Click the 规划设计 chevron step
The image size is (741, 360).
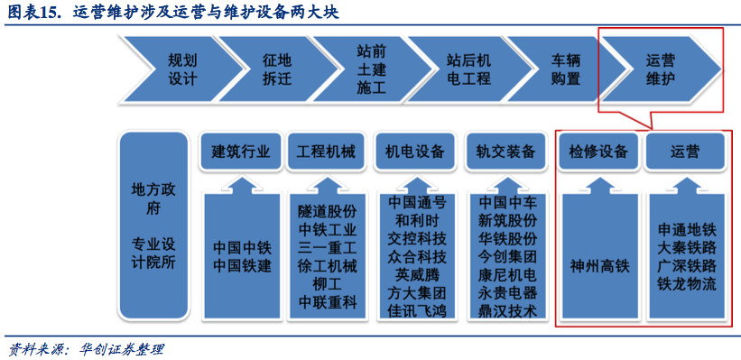[x=181, y=69]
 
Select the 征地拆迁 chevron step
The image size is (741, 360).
[x=277, y=69]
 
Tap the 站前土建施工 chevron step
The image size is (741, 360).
[x=371, y=69]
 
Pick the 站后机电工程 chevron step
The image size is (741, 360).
[x=468, y=69]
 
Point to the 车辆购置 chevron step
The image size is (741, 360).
[x=566, y=69]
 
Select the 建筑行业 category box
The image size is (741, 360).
[x=240, y=152]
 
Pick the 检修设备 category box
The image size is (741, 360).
[x=598, y=152]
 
